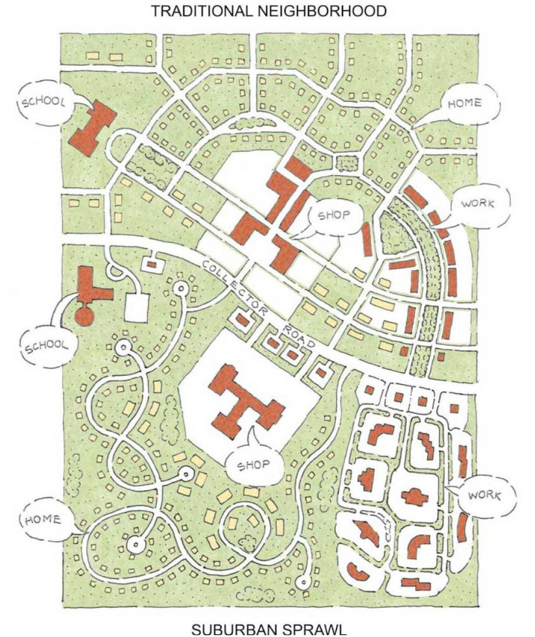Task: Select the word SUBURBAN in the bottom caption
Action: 233,628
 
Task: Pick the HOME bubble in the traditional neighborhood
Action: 464,104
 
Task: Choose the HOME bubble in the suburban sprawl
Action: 43,520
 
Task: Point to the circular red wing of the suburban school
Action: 85,317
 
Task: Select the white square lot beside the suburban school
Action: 137,307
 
